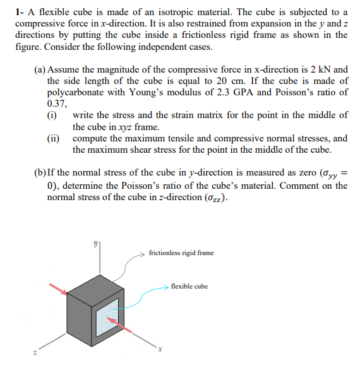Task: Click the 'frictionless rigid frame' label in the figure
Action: coord(181,253)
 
